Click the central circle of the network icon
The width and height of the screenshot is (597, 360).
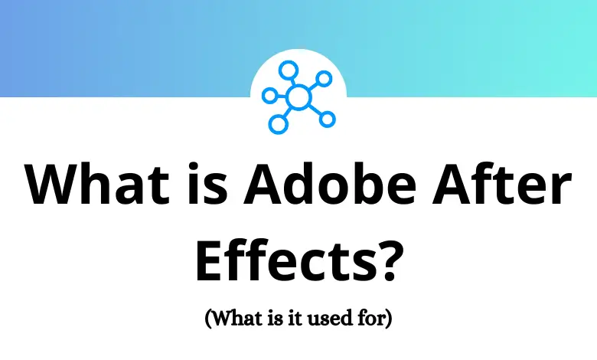click(x=298, y=97)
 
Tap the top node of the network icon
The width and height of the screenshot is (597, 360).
click(x=287, y=71)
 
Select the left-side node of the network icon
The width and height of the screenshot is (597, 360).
click(x=269, y=96)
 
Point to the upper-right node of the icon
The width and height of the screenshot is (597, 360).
click(x=325, y=77)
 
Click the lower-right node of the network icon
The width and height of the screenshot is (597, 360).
click(x=327, y=119)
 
